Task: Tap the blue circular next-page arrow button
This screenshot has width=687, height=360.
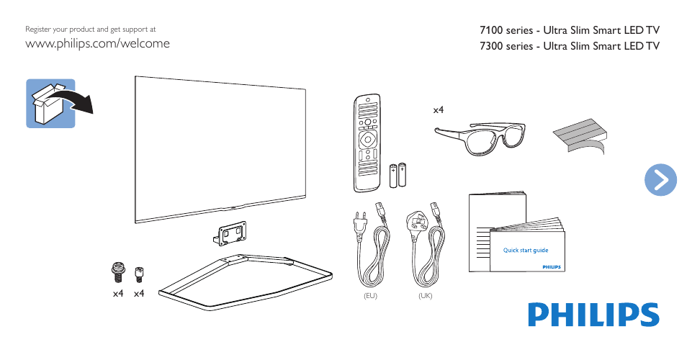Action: coord(660,179)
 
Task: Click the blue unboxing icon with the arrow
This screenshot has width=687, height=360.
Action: coord(52,104)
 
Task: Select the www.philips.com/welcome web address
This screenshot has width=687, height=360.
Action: coord(97,43)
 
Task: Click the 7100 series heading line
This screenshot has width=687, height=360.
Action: coord(569,30)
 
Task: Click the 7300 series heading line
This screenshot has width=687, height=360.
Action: coord(569,46)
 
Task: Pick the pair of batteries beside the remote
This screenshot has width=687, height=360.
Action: coord(398,175)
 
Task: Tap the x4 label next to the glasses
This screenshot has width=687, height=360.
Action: coord(439,110)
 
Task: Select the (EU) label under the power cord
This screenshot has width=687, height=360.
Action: coord(371,296)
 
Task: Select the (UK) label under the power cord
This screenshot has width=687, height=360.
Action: coord(425,296)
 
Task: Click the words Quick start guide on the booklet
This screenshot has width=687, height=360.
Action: coord(526,251)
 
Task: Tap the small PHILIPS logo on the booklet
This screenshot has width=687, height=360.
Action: coord(550,266)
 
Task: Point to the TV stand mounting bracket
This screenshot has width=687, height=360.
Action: coord(229,231)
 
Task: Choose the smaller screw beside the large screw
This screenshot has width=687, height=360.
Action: coord(139,273)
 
